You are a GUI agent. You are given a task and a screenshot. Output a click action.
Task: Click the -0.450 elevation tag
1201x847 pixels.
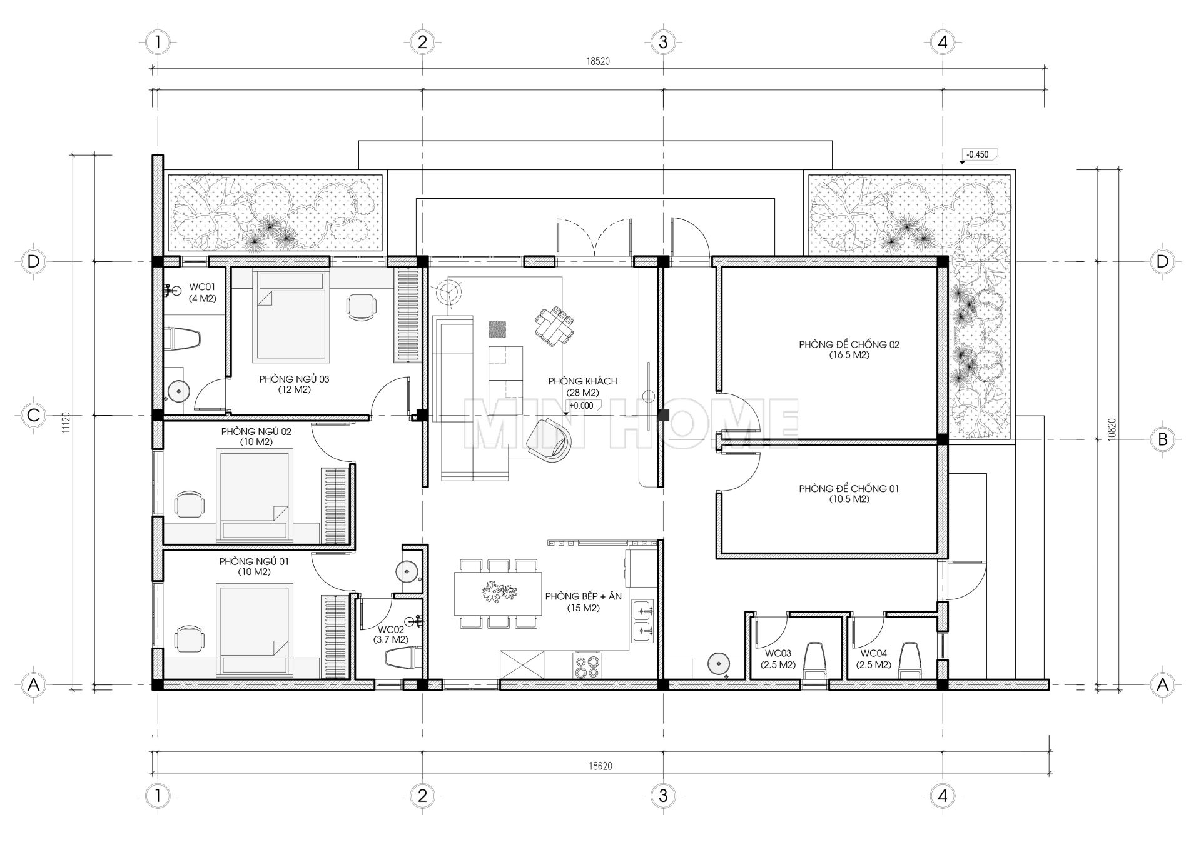click(x=978, y=154)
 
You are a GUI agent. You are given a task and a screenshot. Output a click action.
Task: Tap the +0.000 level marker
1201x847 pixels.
click(x=581, y=406)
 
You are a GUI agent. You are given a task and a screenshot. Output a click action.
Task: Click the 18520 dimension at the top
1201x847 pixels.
click(x=597, y=61)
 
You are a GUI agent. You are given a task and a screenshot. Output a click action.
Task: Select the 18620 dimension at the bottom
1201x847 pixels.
click(x=599, y=766)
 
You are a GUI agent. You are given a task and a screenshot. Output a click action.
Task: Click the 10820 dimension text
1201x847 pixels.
click(x=1110, y=426)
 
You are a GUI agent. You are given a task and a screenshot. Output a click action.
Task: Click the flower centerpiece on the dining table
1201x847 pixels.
click(x=498, y=591)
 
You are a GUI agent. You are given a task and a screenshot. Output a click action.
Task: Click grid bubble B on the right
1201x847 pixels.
click(x=1162, y=439)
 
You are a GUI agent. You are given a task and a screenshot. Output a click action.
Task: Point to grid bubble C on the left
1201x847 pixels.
click(x=34, y=415)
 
